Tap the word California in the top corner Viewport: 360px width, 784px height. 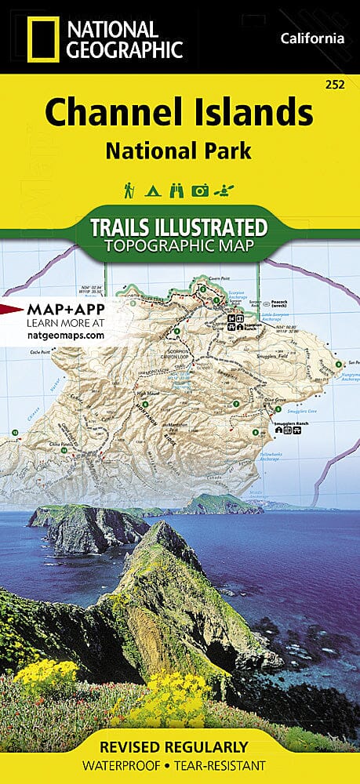[311, 38]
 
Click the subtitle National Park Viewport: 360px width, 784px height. [179, 151]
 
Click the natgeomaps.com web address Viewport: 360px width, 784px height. [54, 335]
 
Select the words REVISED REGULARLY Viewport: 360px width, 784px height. [179, 746]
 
